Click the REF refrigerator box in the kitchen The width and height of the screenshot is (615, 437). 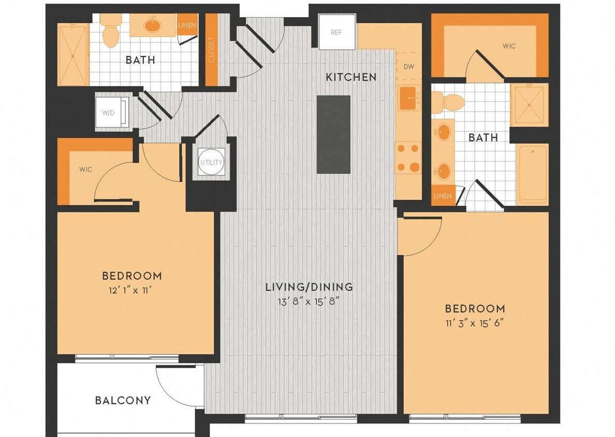point(336,32)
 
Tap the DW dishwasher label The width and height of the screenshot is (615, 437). point(408,67)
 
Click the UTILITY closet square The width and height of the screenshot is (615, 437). point(211,163)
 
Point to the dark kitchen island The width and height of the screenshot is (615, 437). point(333,134)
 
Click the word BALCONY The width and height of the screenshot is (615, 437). point(123,400)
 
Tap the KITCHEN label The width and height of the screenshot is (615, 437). point(351,78)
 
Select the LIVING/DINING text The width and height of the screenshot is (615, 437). point(309,286)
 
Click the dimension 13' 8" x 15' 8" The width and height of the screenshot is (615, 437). point(309,300)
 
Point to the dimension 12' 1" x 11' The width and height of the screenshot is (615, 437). point(131,290)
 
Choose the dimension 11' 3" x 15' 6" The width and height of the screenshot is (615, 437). point(475,323)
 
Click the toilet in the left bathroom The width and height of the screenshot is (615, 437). point(110,32)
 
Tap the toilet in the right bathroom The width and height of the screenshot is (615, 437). point(445,102)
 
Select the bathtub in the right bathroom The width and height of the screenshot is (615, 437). point(532,174)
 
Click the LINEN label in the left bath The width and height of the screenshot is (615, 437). point(186,25)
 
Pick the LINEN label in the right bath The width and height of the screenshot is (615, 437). point(443,196)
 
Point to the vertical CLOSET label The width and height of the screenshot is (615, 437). point(211,49)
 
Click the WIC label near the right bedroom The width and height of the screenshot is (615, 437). point(509,46)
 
